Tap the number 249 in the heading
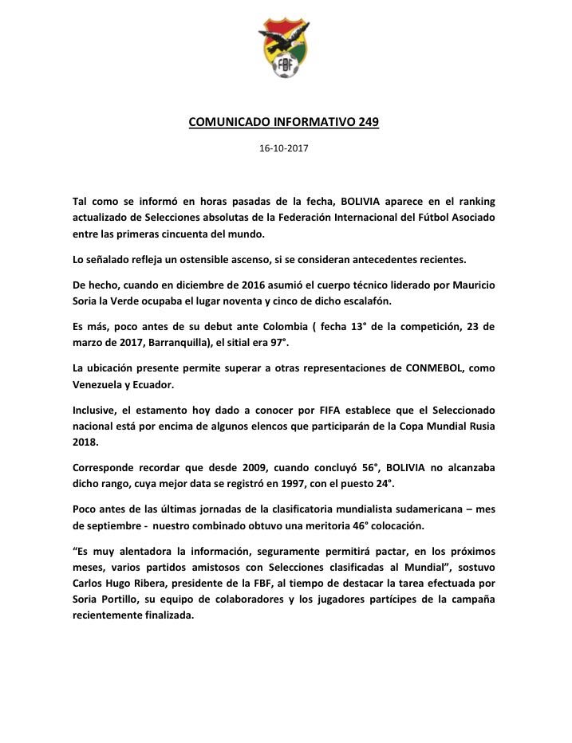point(365,123)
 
